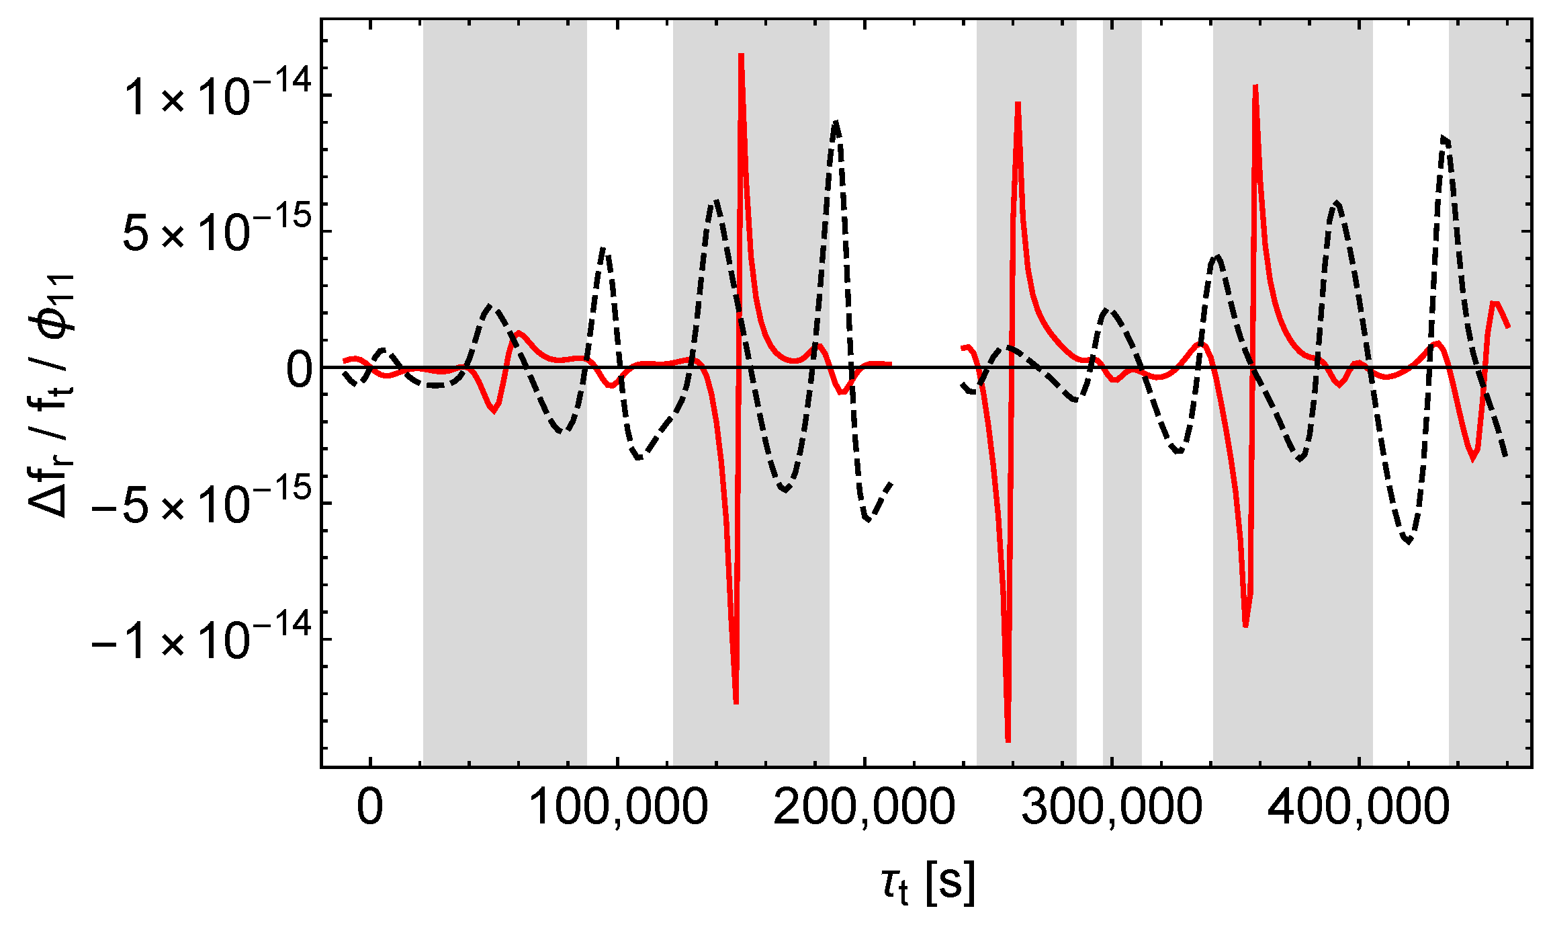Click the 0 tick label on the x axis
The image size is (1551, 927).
[370, 807]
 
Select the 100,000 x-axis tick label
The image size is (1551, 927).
[618, 807]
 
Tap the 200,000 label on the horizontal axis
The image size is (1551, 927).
[865, 807]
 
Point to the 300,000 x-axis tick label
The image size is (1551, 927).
[1112, 807]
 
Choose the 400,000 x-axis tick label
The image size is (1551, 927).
[1359, 807]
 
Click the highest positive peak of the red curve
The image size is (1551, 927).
[741, 55]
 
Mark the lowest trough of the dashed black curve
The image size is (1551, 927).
[1409, 542]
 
